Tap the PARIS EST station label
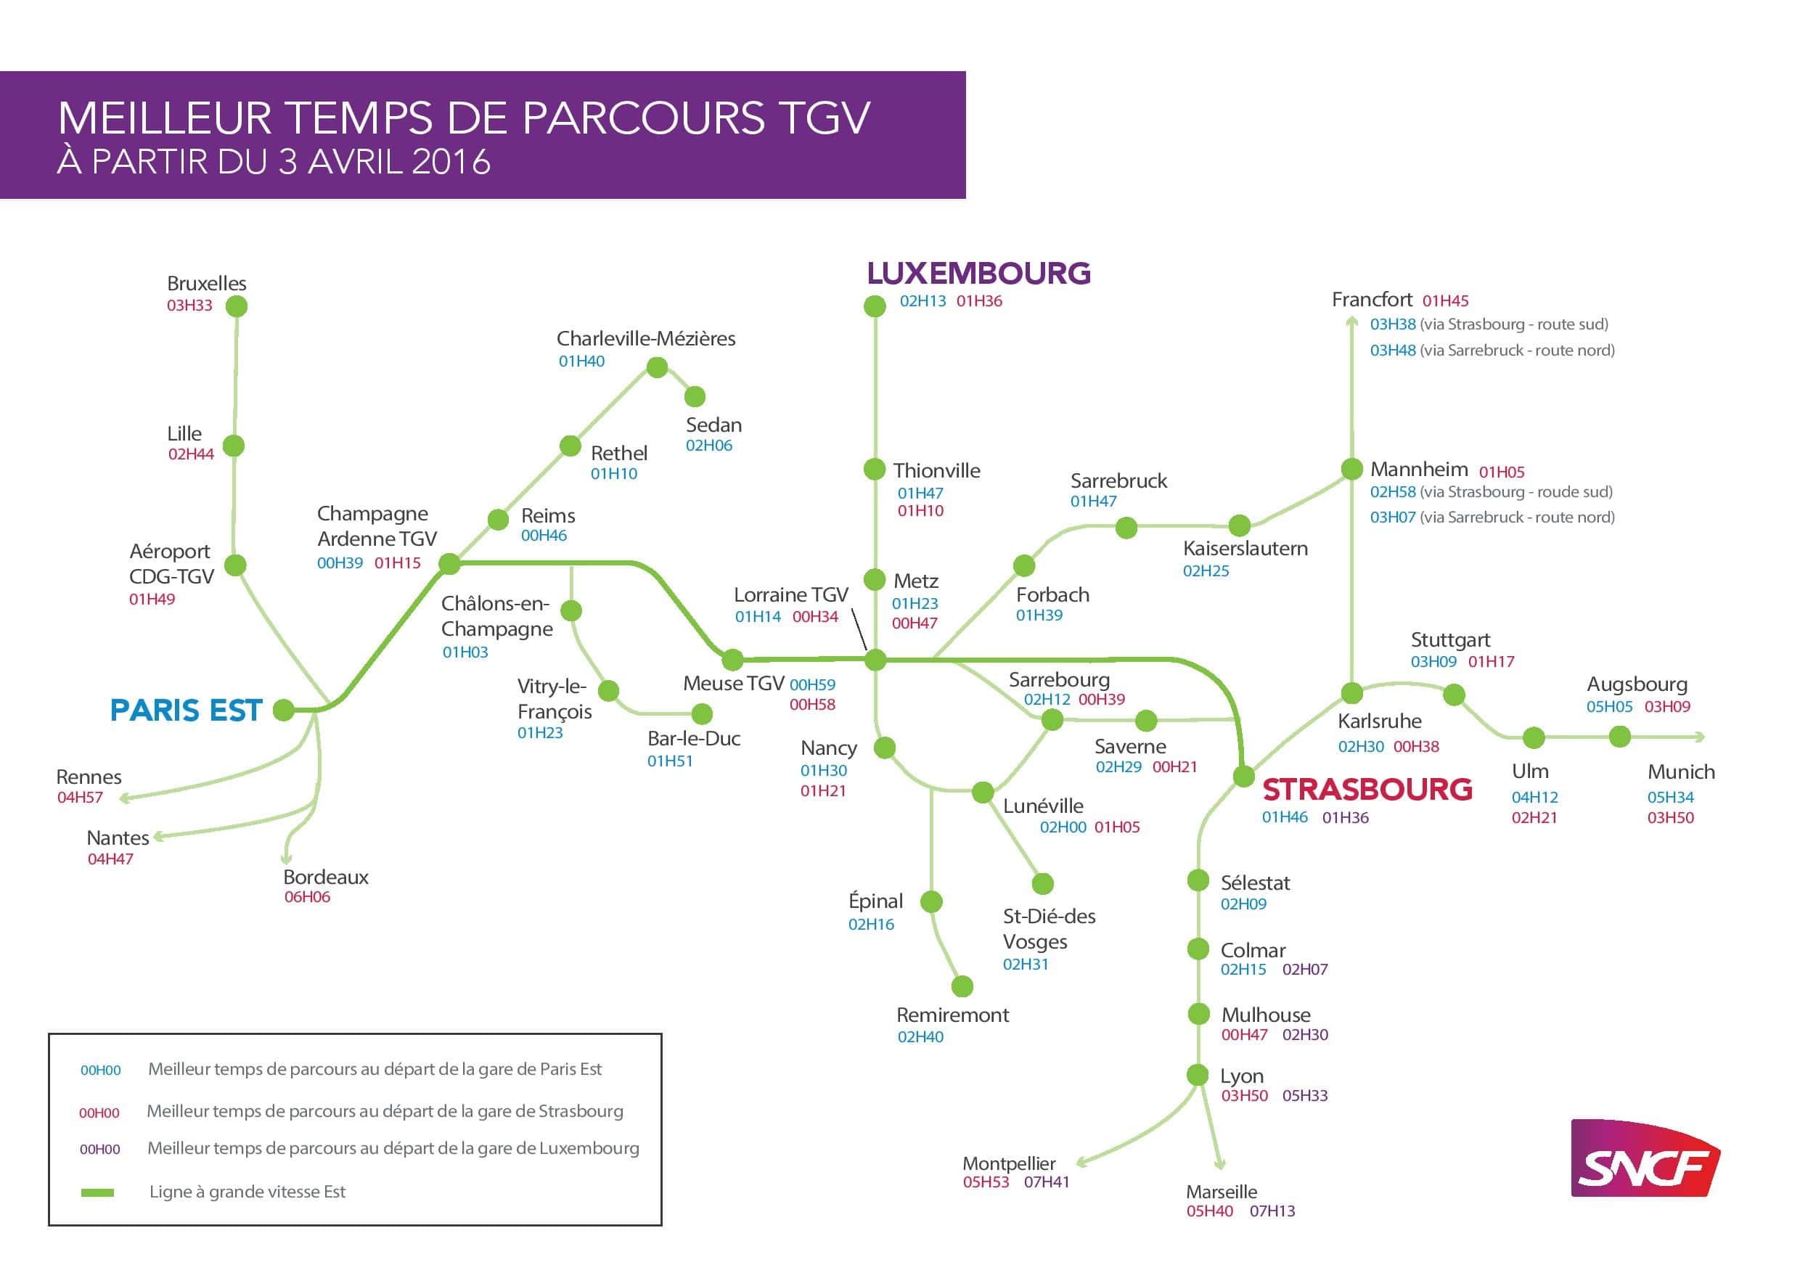186,711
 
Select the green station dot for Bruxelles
236,306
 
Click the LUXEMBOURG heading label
978,274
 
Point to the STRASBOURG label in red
1367,790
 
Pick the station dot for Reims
498,520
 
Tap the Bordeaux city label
325,877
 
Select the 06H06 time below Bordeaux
306,898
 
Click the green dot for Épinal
930,902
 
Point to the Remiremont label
952,1015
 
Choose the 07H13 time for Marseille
1272,1211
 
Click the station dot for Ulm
1534,737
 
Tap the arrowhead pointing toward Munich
1700,737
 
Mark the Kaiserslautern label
1245,549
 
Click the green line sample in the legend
98,1193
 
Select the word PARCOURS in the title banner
643,118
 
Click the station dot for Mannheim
1351,470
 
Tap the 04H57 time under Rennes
80,798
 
